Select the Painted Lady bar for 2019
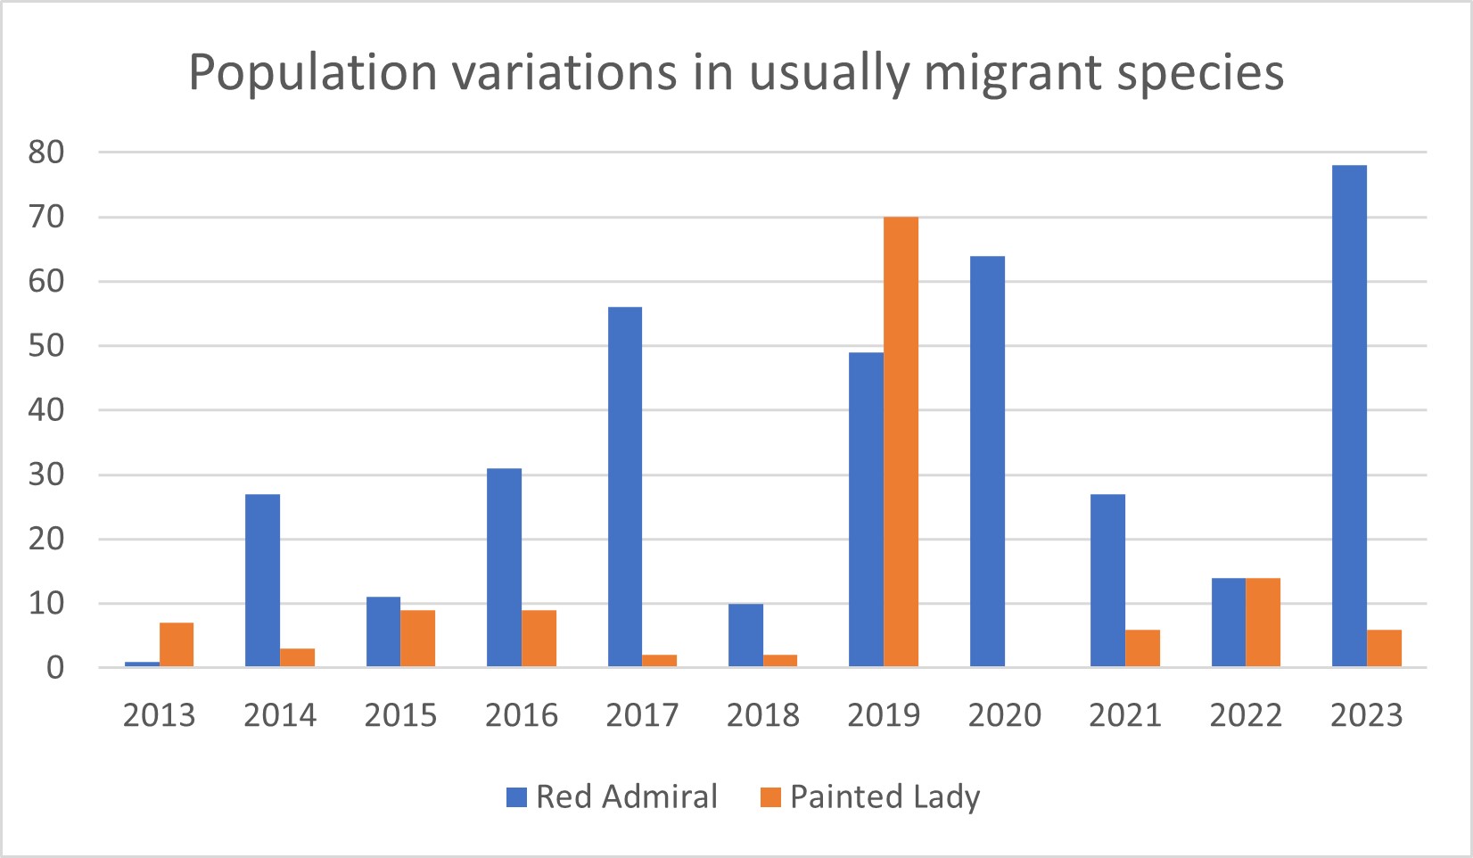(x=901, y=441)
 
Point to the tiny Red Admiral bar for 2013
(x=142, y=664)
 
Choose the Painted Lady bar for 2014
(x=297, y=657)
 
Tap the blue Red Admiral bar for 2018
(x=745, y=635)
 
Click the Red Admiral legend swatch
(x=516, y=797)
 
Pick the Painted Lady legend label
(x=885, y=796)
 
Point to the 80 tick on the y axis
(x=46, y=153)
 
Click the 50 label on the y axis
(x=46, y=346)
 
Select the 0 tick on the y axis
(x=55, y=668)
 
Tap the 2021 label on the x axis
(x=1124, y=715)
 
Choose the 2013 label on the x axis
(x=159, y=715)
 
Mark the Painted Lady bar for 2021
(x=1142, y=648)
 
